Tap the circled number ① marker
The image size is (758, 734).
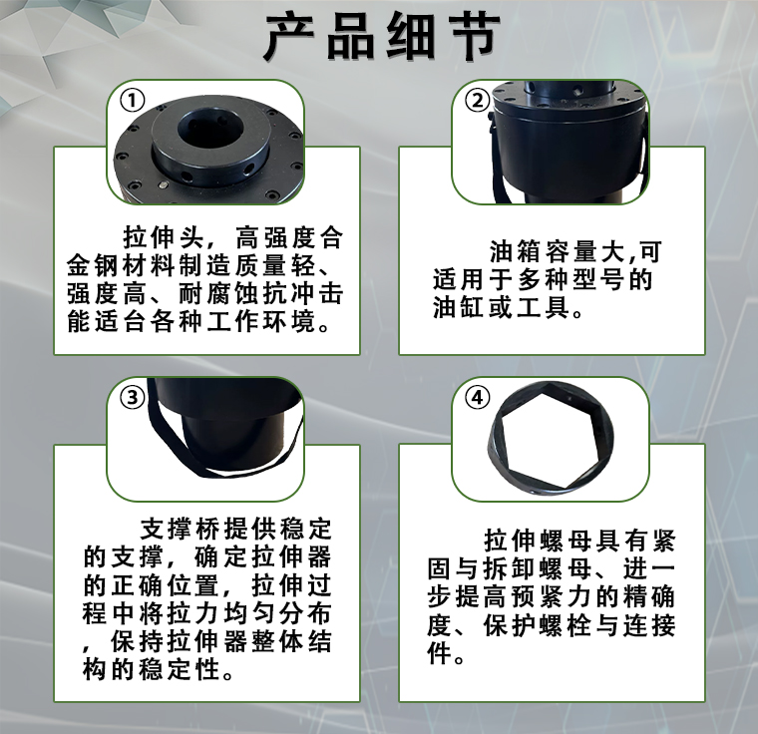132,101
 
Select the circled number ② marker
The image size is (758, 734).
477,101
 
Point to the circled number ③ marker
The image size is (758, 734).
132,398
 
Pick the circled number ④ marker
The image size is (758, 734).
477,398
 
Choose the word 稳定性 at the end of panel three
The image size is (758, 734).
180,670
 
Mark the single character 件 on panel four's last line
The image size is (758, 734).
439,653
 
